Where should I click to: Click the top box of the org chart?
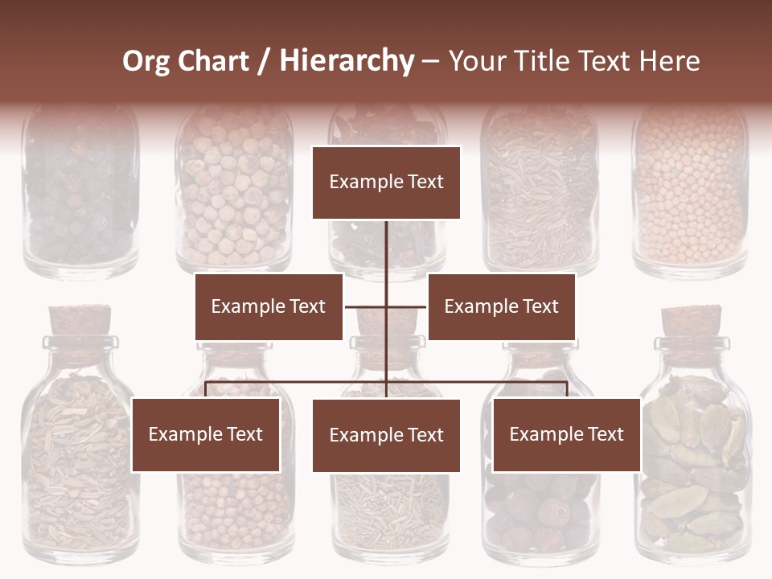386,183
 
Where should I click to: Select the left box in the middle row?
269,306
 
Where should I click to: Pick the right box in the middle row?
501,306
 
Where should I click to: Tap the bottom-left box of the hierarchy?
206,434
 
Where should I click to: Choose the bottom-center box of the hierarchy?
386,435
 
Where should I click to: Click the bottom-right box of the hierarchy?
566,434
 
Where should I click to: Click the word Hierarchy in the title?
347,60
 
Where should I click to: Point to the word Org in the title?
146,60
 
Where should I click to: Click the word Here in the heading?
669,60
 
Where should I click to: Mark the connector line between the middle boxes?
386,306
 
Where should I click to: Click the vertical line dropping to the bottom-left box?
206,390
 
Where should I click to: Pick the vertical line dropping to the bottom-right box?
567,390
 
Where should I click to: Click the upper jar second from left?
234,197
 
